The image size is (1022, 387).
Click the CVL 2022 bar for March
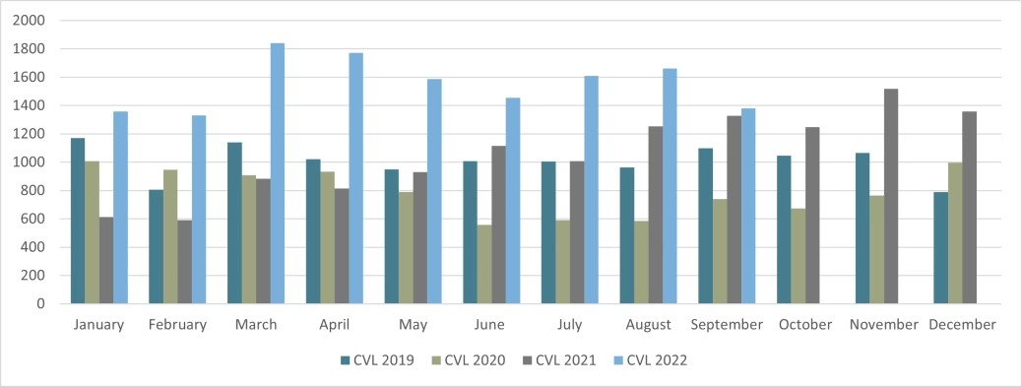tap(278, 173)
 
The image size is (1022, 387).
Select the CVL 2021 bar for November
tap(891, 196)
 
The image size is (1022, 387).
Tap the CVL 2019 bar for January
tap(78, 221)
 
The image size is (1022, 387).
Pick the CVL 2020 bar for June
tap(484, 264)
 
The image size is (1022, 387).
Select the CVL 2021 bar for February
tap(184, 262)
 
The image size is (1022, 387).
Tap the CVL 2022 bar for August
tap(670, 186)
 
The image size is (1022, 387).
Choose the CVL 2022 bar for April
tap(355, 178)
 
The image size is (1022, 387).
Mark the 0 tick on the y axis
tap(41, 304)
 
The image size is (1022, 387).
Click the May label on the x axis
tap(413, 324)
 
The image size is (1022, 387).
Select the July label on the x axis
tap(569, 324)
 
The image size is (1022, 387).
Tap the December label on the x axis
tap(962, 324)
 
